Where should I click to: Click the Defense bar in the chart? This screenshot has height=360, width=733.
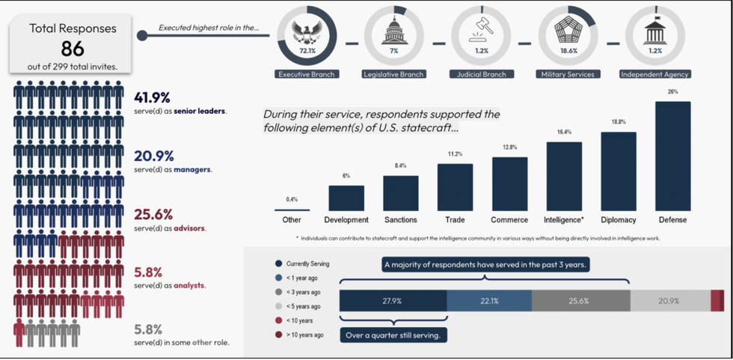(672, 156)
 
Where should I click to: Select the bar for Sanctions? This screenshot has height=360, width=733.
(401, 193)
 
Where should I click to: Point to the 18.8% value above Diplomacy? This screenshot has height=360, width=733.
(619, 121)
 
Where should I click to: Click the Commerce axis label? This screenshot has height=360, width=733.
(509, 220)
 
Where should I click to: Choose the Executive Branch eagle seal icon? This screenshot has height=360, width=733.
(307, 34)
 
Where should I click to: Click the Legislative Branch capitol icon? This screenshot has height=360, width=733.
(393, 34)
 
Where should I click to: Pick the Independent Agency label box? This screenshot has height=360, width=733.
(654, 74)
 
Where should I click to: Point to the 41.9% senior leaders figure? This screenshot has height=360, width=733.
(153, 97)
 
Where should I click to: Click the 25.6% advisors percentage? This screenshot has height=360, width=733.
(153, 214)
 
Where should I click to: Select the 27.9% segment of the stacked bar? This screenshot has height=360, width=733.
(393, 301)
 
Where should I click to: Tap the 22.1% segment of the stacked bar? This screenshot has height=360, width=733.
(489, 301)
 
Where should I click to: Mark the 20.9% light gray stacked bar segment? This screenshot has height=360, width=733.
(669, 301)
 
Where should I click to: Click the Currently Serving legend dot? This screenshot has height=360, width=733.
(278, 263)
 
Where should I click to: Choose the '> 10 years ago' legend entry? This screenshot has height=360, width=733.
(305, 335)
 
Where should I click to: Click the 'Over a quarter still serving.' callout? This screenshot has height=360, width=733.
(394, 335)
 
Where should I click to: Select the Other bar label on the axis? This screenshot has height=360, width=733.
(292, 220)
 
